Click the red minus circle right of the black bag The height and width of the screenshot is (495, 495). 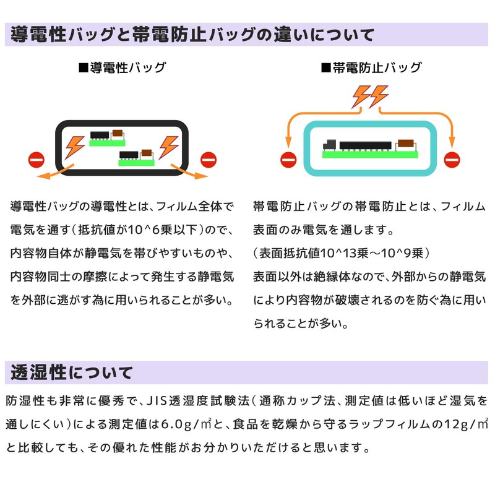click(x=208, y=160)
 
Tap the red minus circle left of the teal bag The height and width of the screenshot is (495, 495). click(x=288, y=160)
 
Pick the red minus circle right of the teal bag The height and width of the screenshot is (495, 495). click(x=453, y=160)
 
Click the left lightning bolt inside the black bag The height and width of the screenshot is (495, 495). click(x=75, y=146)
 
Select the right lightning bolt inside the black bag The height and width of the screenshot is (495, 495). click(x=168, y=146)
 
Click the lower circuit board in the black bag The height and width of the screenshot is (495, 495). click(x=137, y=157)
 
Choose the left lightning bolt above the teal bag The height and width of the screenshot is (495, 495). click(x=361, y=96)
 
